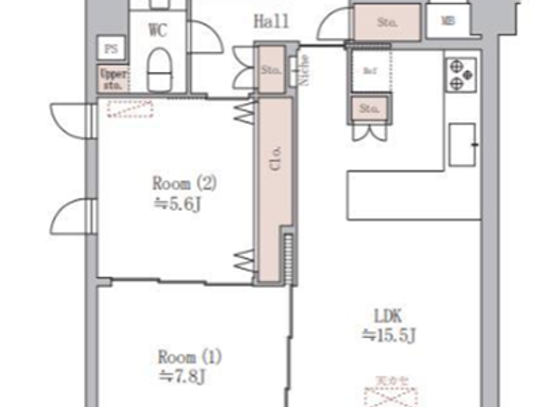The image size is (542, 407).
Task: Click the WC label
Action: [x=158, y=30]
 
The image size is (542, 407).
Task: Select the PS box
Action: [x=111, y=49]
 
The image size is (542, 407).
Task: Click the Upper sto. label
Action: [x=113, y=79]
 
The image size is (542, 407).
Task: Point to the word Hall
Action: [x=271, y=21]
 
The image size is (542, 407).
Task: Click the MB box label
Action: [x=448, y=21]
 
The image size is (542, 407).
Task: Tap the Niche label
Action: [x=305, y=70]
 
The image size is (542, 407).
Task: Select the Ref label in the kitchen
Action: [x=370, y=71]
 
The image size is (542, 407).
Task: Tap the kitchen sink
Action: [x=462, y=145]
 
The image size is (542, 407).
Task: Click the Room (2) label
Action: [x=184, y=183]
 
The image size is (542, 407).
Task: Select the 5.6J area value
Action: [x=178, y=203]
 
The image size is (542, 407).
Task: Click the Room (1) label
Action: [x=190, y=357]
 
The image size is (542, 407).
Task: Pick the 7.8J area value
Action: [x=182, y=376]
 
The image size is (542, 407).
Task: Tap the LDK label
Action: [x=388, y=316]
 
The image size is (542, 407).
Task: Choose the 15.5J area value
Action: [x=389, y=335]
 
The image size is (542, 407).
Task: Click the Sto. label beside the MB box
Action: [x=387, y=22]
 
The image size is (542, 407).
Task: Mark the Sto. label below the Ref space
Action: [x=369, y=108]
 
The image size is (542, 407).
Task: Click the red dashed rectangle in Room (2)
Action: [x=130, y=109]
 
